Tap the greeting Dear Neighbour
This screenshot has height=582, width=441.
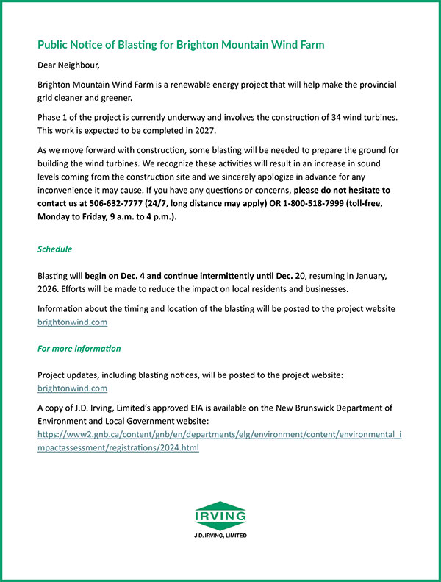[69, 65]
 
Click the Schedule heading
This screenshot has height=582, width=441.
[55, 249]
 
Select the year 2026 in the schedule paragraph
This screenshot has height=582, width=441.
[50, 288]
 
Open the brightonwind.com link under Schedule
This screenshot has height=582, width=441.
[72, 322]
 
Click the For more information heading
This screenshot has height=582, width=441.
[79, 348]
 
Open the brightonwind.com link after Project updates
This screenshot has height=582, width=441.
[72, 388]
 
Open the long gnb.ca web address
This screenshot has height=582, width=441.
[219, 441]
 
